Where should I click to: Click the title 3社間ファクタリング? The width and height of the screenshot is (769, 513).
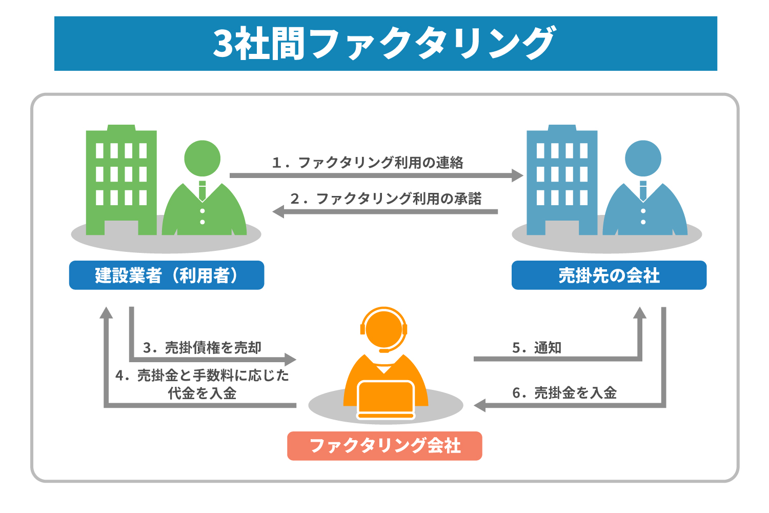[x=385, y=44]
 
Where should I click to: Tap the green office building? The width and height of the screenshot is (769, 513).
[x=121, y=180]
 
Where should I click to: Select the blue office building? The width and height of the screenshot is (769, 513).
[x=562, y=180]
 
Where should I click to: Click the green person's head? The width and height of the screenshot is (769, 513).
[x=202, y=158]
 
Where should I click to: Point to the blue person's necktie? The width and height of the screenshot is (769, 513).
[x=643, y=191]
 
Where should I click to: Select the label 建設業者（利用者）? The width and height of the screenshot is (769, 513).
[x=167, y=275]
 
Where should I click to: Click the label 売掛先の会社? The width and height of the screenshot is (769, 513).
[x=609, y=275]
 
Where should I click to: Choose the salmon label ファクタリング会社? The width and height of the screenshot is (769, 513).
[x=385, y=446]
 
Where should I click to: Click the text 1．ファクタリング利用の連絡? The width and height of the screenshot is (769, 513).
[x=368, y=163]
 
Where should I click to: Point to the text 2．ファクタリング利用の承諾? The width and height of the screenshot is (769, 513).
[x=386, y=199]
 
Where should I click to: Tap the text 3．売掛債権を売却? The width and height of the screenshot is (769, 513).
[x=202, y=348]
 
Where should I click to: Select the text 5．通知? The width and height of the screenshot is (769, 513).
[x=537, y=348]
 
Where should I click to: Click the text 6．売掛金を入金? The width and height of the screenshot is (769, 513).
[x=564, y=393]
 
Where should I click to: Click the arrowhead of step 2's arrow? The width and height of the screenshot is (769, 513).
[x=278, y=211]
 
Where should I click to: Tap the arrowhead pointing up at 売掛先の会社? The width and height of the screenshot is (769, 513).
[x=639, y=313]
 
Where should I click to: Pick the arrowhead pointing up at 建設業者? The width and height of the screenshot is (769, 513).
[x=106, y=313]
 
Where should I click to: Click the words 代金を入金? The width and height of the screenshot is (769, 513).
[x=202, y=393]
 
